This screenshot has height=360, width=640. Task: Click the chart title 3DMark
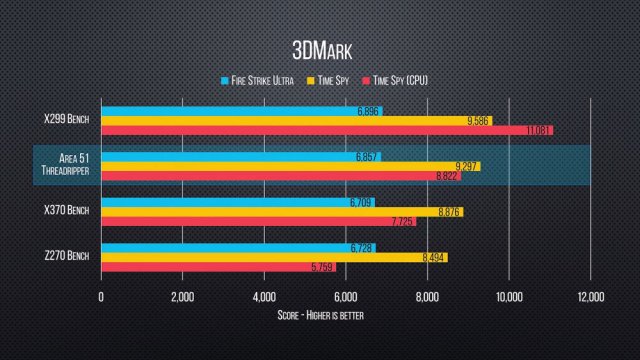tap(320, 51)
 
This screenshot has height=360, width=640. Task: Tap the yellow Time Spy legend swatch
tap(313, 80)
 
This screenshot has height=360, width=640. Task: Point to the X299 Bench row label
tap(67, 121)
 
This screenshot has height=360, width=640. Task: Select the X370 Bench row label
tap(67, 211)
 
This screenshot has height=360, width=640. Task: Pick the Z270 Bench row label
tap(67, 257)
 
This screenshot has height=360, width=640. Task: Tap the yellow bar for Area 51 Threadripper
tap(290, 166)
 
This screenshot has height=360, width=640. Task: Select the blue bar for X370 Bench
tap(235, 201)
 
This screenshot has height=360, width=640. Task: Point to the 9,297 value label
tap(466, 166)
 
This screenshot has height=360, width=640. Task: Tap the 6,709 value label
tap(361, 201)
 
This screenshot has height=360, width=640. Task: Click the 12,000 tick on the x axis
tap(590, 298)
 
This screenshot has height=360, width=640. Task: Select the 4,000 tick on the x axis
tap(264, 298)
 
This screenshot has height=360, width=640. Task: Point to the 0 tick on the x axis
tap(101, 298)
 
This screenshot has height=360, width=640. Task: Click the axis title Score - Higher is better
tap(320, 315)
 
